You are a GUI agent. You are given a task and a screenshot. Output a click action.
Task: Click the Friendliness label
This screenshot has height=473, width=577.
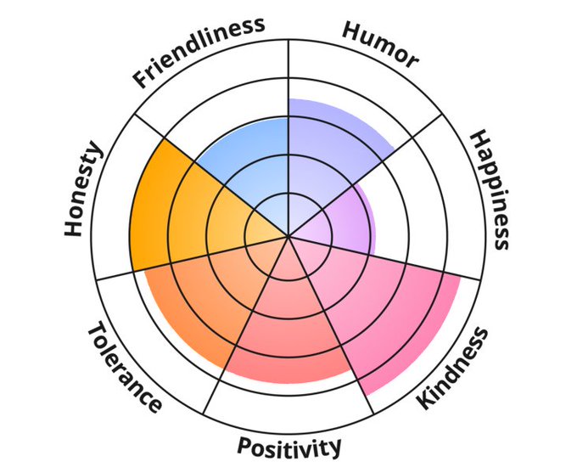199,52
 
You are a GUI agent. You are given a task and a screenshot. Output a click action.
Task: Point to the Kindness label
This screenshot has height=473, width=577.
453,369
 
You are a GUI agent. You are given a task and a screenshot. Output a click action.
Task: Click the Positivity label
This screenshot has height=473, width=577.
289,446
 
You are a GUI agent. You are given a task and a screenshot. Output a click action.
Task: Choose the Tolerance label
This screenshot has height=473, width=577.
124,368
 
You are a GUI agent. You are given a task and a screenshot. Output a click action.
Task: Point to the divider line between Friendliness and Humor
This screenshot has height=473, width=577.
288,102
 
